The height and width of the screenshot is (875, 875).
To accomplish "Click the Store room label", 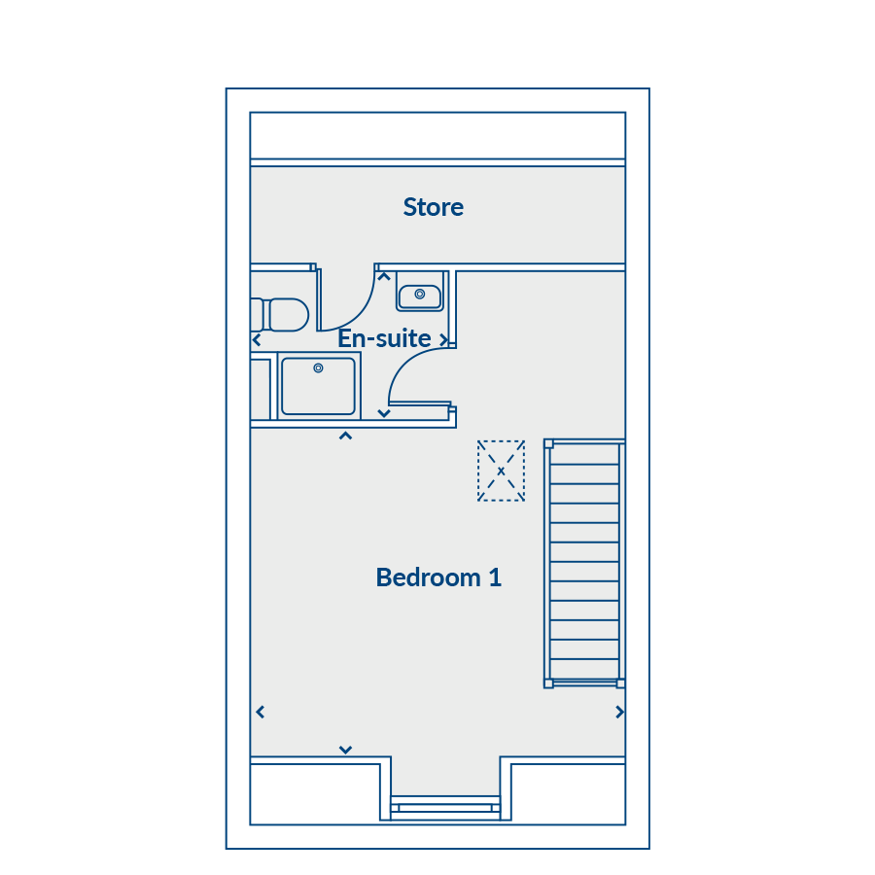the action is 433,207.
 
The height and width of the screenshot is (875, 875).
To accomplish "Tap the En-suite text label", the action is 384,338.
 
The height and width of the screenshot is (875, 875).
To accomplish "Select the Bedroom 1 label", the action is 438,577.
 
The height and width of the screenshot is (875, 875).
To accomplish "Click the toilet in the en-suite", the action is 280,315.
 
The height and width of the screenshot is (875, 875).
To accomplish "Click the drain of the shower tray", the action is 318,367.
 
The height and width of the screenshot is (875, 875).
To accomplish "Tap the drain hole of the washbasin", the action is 420,294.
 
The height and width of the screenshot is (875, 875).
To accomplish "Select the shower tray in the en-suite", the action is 319,386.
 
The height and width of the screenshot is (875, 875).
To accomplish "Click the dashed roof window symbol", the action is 501,471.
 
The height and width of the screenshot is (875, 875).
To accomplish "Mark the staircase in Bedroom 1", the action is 584,564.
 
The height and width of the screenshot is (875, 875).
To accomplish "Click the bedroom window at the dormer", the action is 445,808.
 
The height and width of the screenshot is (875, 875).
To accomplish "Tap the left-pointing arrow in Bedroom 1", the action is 260,712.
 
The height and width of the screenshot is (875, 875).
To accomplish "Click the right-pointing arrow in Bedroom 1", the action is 619,712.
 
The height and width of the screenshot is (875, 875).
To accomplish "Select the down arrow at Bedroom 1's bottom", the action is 345,750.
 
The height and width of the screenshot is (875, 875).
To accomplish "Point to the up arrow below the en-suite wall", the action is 345,436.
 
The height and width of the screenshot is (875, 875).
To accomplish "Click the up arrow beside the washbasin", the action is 384,276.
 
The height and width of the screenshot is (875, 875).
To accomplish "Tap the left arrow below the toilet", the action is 257,339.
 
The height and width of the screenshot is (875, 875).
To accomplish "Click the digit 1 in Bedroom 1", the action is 495,577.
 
